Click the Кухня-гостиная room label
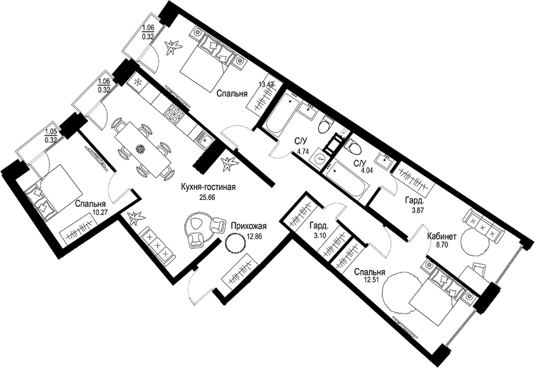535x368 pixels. [209, 187]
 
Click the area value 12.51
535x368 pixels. [370, 280]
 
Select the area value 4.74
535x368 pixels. [302, 153]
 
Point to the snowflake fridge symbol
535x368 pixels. [138, 82]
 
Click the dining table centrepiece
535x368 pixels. [141, 149]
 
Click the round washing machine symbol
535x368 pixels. [320, 158]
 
